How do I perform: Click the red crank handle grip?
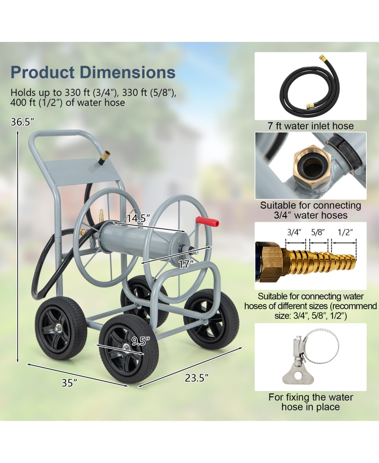[x=208, y=221]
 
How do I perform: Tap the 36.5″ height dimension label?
[x=22, y=122]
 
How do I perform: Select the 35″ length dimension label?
[x=69, y=383]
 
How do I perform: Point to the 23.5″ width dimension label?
[x=196, y=378]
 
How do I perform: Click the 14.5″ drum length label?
[x=138, y=218]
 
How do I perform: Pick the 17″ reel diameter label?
[x=186, y=264]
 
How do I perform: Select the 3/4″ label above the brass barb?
[x=294, y=232]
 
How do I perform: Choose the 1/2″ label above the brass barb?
[x=345, y=232]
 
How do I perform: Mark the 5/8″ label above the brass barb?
[x=318, y=232]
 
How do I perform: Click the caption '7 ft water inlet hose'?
[x=310, y=126]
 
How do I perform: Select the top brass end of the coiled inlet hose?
[x=323, y=58]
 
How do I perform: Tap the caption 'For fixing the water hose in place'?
[x=310, y=402]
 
